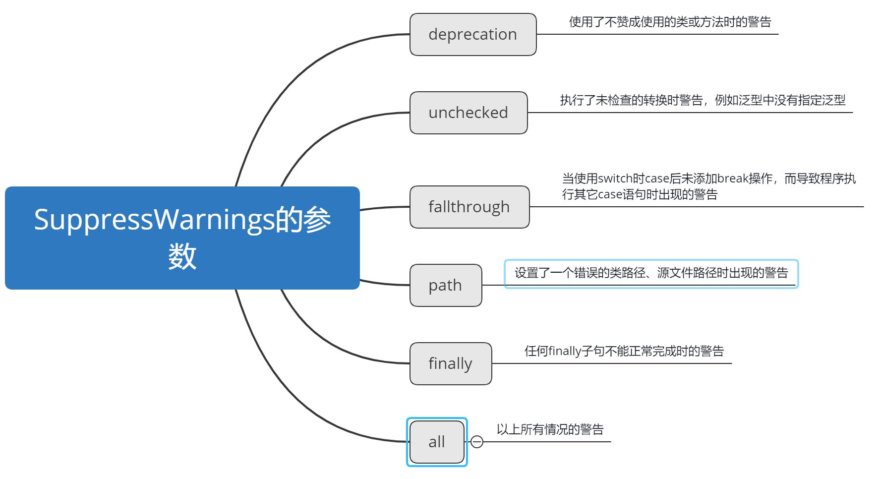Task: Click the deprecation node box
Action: click(x=472, y=35)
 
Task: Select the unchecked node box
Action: click(x=468, y=113)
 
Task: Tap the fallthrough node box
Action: click(x=469, y=207)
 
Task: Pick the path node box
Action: click(x=445, y=285)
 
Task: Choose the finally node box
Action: click(x=450, y=363)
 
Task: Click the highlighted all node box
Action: click(x=436, y=442)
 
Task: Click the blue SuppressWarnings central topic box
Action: click(x=182, y=238)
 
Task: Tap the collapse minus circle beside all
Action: click(x=476, y=442)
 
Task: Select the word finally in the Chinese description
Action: click(x=565, y=352)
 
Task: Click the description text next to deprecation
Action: click(x=670, y=22)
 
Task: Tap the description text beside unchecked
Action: click(x=703, y=101)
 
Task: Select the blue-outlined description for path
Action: click(x=651, y=273)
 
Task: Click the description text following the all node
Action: click(x=550, y=429)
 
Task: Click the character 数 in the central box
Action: click(x=182, y=257)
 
